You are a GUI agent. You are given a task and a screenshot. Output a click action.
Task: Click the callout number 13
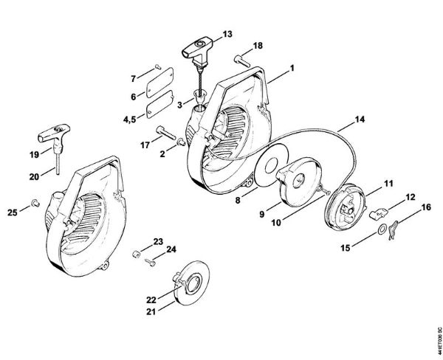(227, 34)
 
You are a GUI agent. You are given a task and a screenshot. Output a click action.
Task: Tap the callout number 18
(257, 46)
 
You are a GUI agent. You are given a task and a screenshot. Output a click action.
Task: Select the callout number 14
(359, 118)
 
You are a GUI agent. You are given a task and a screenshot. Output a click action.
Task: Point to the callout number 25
(12, 213)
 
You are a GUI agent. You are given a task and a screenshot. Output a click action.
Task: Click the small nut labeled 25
(34, 202)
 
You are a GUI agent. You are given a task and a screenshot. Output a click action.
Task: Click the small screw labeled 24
(151, 258)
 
